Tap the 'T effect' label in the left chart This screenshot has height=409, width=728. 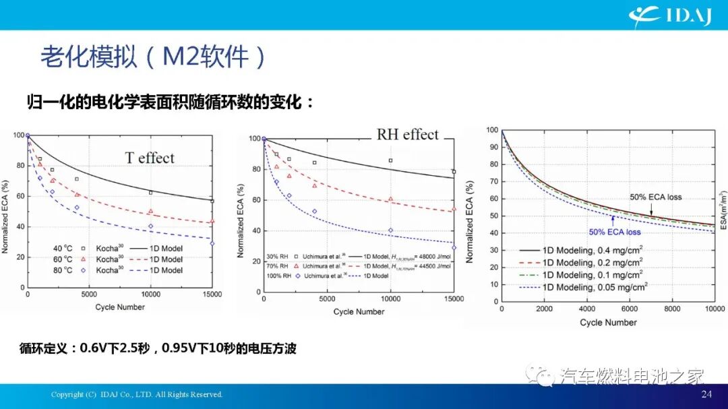[x=150, y=158]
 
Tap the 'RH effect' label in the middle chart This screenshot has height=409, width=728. [x=407, y=134]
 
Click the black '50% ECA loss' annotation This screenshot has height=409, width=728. [x=656, y=197]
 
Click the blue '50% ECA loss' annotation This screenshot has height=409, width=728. [x=615, y=232]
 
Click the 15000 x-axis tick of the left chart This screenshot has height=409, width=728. [x=212, y=294]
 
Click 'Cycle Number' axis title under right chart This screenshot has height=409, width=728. [x=608, y=323]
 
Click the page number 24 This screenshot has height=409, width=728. [x=706, y=394]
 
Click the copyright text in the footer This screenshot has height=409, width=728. [x=137, y=395]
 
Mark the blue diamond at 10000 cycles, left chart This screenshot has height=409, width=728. [x=150, y=226]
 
